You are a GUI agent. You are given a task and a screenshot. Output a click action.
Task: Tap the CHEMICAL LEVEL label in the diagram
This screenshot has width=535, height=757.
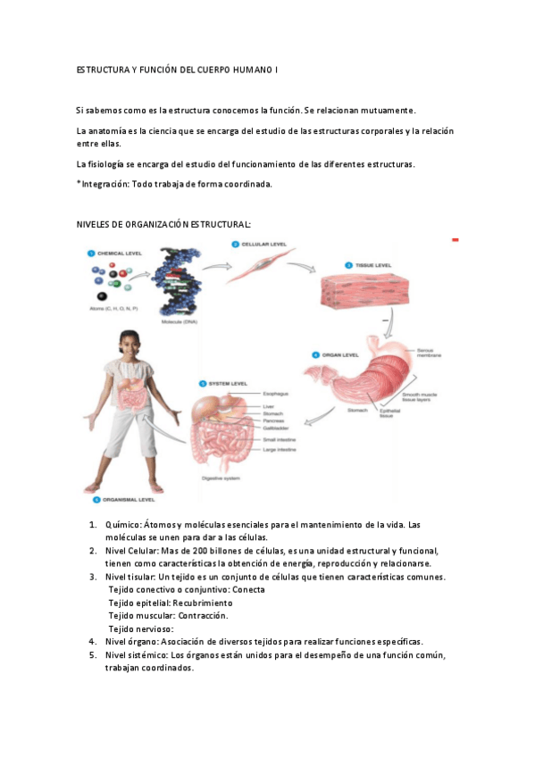pyautogui.click(x=120, y=254)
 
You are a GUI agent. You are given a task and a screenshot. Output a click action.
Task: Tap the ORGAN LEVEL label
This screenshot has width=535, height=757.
pyautogui.click(x=339, y=354)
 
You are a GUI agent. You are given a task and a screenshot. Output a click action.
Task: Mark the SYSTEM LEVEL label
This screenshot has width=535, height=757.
pyautogui.click(x=227, y=384)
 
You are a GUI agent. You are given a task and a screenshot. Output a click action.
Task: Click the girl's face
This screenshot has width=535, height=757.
pyautogui.click(x=130, y=346)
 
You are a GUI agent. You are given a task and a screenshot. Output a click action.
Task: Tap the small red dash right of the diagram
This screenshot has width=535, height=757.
pyautogui.click(x=456, y=240)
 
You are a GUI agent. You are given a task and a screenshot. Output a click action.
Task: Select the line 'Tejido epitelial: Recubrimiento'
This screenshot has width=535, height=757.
pyautogui.click(x=170, y=603)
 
